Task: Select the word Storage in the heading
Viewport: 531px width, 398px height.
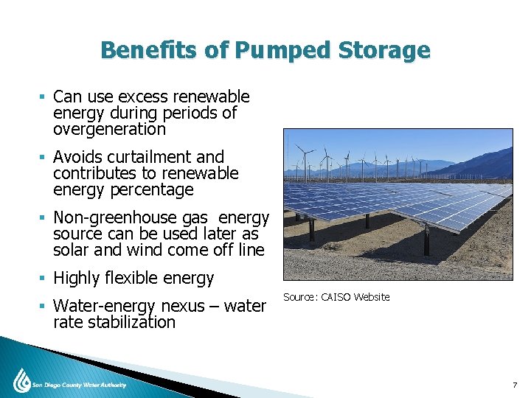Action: point(383,51)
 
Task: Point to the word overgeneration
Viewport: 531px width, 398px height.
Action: point(109,130)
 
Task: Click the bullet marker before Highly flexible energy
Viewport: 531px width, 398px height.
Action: point(44,279)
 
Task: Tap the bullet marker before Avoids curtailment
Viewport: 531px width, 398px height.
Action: point(44,158)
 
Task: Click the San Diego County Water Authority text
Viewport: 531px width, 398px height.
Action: point(79,385)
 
